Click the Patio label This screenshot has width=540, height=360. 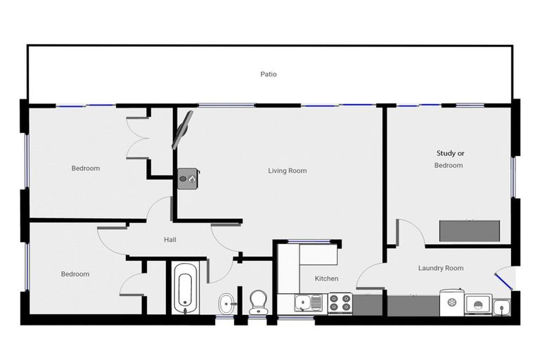coord(269,74)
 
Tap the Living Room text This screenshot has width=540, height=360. coord(287,171)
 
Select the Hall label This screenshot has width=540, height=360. coord(169,240)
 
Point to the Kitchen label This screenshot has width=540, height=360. coord(326,279)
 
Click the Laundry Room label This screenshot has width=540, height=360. coord(440,268)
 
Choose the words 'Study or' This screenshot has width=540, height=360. coord(450,153)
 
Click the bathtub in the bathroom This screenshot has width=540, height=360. coord(184,288)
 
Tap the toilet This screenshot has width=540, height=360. coord(259,302)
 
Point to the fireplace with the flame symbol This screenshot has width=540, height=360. coord(188,179)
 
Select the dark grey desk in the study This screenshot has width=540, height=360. coord(469,231)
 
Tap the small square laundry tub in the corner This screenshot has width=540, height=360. coord(502,305)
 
